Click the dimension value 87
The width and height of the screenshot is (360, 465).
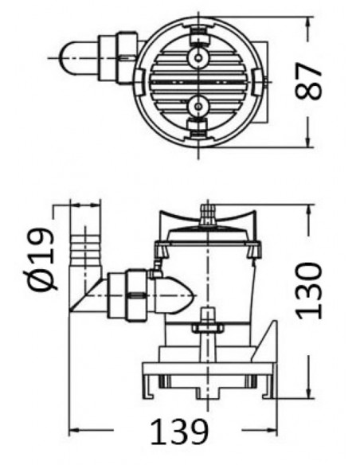[313, 80]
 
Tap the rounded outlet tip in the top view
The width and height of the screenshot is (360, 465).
[68, 55]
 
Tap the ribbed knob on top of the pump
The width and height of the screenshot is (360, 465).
[209, 212]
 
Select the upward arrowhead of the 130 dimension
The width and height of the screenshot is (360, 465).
[308, 209]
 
